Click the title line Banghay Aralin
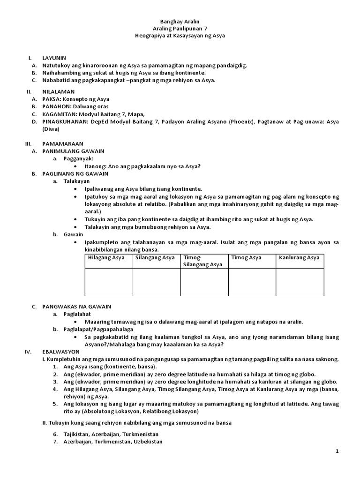[180, 21]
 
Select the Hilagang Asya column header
[106, 258]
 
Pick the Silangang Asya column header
[155, 258]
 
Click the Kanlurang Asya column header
[299, 258]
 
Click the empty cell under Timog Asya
[252, 282]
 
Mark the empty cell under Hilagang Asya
[108, 282]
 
